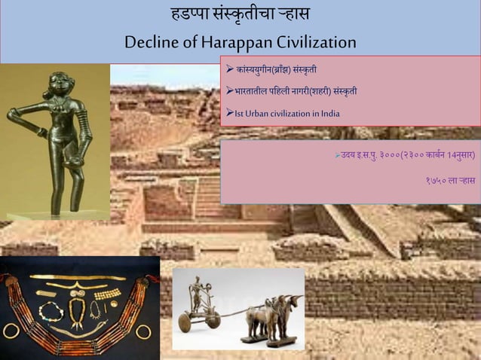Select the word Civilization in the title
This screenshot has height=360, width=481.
(317, 41)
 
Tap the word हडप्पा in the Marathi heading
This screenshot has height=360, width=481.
(191, 14)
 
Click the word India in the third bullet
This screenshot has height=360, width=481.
(328, 114)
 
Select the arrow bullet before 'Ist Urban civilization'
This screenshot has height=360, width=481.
(229, 114)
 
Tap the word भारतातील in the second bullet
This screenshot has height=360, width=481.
(253, 92)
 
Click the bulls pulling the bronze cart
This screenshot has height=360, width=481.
(275, 316)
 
